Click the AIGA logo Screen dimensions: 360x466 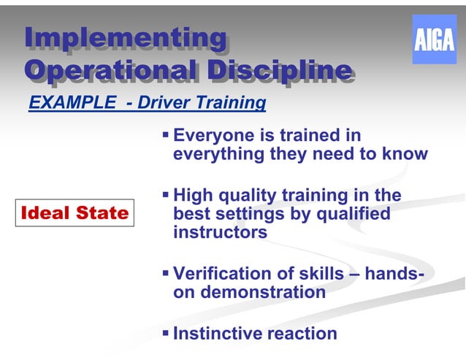[x=434, y=39]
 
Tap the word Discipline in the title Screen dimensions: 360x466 [x=280, y=70]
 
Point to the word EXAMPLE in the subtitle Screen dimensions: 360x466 [x=72, y=103]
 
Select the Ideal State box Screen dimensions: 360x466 [x=75, y=212]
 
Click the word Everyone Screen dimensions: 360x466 [x=214, y=136]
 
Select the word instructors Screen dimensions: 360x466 [x=220, y=233]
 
